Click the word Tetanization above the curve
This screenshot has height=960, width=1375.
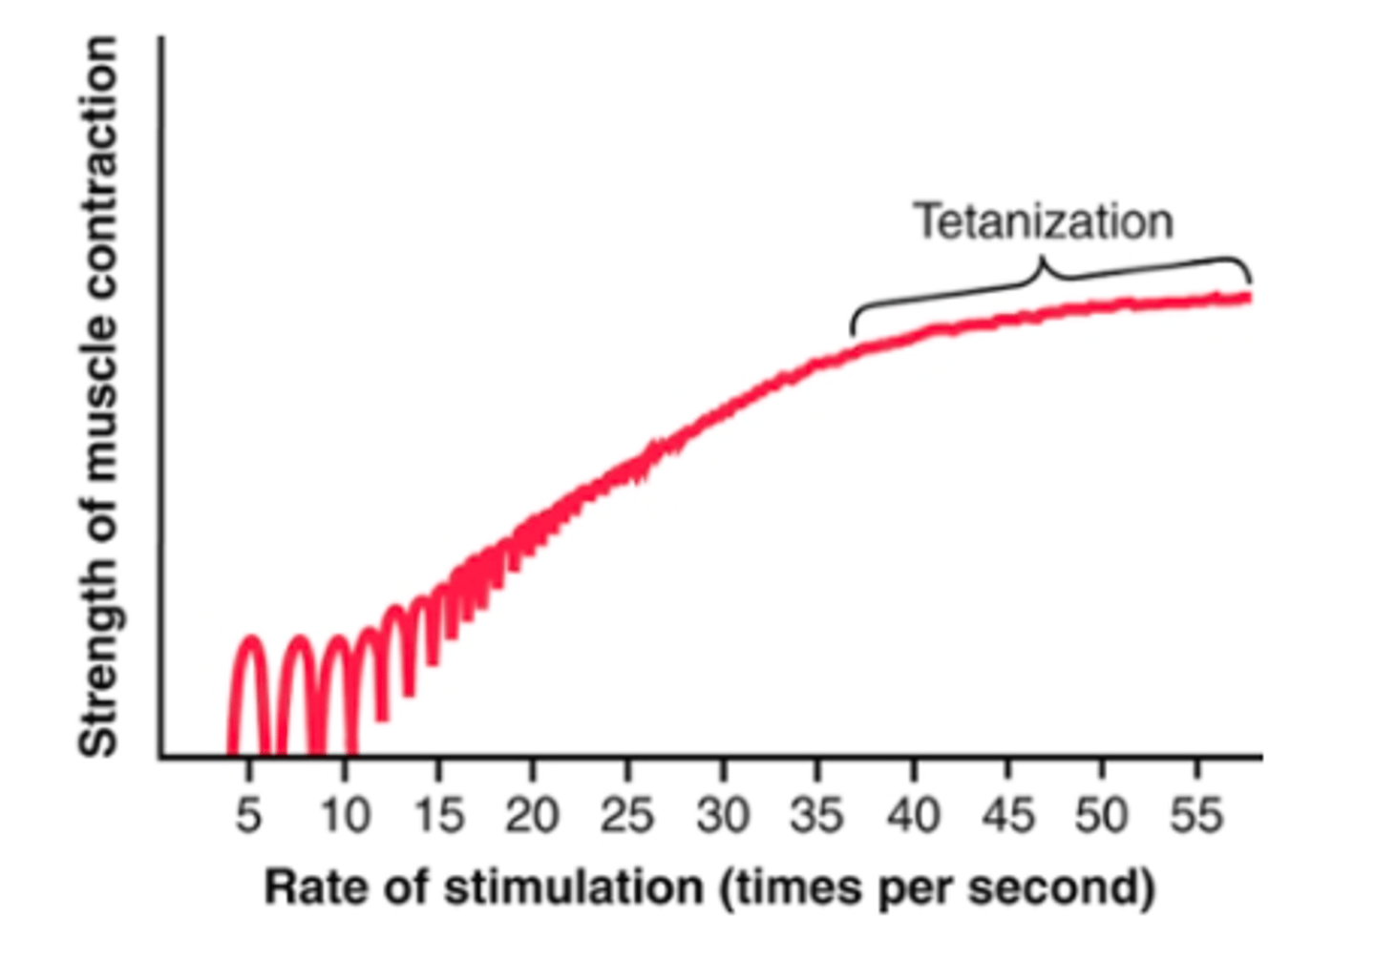[x=1045, y=221]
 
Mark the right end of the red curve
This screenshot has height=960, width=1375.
[x=1247, y=298]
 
